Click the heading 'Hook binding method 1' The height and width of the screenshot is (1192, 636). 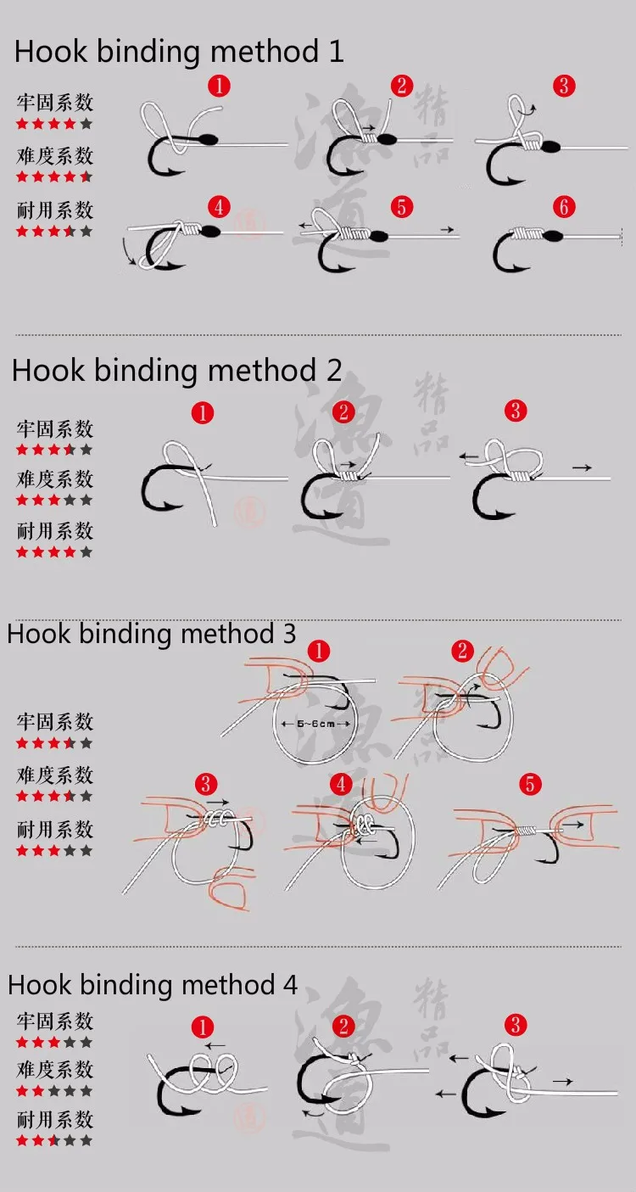click(179, 52)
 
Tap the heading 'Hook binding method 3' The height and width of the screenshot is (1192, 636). click(152, 634)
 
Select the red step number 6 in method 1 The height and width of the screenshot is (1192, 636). click(564, 206)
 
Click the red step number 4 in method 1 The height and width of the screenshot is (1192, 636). click(219, 206)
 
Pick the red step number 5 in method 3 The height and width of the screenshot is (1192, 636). click(530, 785)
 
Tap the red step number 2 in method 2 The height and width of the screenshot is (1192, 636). click(343, 411)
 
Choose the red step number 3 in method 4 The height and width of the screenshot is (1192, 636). click(516, 1024)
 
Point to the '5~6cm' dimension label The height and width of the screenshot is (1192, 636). click(315, 724)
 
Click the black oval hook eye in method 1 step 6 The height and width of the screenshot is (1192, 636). click(553, 236)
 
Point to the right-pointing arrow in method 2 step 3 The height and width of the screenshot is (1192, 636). click(582, 467)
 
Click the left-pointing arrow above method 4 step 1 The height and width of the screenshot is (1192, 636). click(215, 1046)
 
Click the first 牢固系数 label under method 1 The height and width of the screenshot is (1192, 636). click(55, 103)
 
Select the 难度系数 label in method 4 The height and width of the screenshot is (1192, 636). click(55, 1070)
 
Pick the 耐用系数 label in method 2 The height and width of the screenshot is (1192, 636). click(55, 530)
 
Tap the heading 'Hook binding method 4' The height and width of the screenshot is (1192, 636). click(153, 984)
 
